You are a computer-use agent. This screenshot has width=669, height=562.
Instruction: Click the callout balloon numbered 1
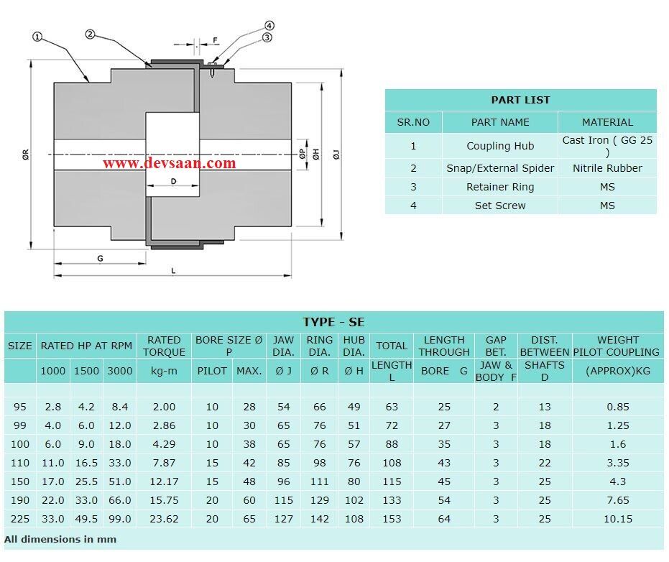37,36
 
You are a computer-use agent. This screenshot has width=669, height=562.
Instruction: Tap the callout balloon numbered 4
269,25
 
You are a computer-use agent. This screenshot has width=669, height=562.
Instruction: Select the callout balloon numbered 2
91,34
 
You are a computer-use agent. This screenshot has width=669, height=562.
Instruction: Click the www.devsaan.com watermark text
169,163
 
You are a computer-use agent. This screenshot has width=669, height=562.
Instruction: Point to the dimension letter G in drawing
100,258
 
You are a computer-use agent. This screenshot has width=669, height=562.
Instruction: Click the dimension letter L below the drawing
173,271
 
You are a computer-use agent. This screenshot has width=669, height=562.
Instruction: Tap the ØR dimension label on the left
26,154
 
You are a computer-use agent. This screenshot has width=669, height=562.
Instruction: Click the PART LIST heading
520,100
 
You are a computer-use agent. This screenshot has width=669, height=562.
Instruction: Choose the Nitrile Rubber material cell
607,168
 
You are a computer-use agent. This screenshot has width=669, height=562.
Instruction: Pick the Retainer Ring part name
500,187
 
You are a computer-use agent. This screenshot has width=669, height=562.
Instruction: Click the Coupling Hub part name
500,146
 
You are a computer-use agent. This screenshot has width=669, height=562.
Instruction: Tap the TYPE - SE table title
333,321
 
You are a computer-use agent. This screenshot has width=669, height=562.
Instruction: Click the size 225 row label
20,518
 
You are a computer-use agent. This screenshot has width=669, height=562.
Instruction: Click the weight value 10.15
617,518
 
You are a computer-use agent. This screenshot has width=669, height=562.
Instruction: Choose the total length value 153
392,518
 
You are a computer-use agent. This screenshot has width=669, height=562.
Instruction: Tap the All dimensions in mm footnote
60,539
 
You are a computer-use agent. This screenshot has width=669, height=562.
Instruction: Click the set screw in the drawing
213,70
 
